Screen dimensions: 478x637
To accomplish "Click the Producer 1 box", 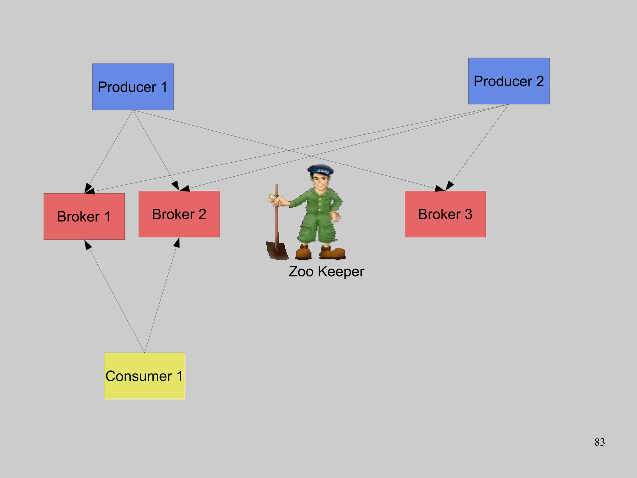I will pyautogui.click(x=133, y=87).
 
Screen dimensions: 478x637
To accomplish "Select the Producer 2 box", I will pyautogui.click(x=509, y=81).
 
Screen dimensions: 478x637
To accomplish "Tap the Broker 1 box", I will pyautogui.click(x=84, y=216).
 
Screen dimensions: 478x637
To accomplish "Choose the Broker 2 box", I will pyautogui.click(x=179, y=214).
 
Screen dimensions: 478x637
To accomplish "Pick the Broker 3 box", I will pyautogui.click(x=445, y=214).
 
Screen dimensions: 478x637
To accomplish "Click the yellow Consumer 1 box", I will pyautogui.click(x=144, y=376).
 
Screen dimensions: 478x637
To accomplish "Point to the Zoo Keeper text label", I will pyautogui.click(x=326, y=271).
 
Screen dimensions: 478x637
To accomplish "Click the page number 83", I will pyautogui.click(x=599, y=442).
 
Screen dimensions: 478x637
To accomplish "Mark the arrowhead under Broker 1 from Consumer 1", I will pyautogui.click(x=87, y=245).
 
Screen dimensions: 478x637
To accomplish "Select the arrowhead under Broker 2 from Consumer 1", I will pyautogui.click(x=177, y=242).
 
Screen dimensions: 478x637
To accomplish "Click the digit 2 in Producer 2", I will pyautogui.click(x=540, y=81).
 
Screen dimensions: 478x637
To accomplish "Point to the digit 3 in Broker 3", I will pyautogui.click(x=468, y=214).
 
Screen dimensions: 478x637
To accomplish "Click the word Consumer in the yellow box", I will pyautogui.click(x=138, y=376).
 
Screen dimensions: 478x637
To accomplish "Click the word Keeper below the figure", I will pyautogui.click(x=341, y=271).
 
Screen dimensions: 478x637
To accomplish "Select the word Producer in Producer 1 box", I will pyautogui.click(x=127, y=87).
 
